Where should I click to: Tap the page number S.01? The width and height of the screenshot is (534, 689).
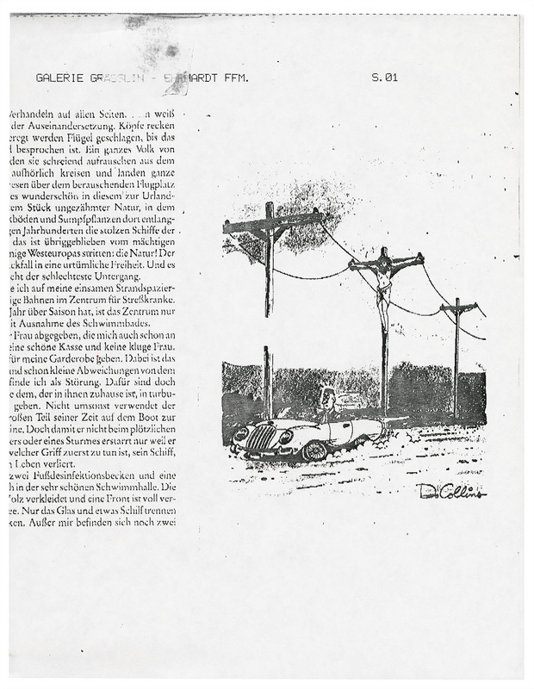coord(384,78)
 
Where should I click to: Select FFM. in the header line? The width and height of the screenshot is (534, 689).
coord(233,78)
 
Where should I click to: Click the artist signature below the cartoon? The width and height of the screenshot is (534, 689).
coord(450,491)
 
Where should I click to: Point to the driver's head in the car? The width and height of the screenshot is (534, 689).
coord(327,399)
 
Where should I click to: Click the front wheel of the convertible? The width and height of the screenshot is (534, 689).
coord(314,450)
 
